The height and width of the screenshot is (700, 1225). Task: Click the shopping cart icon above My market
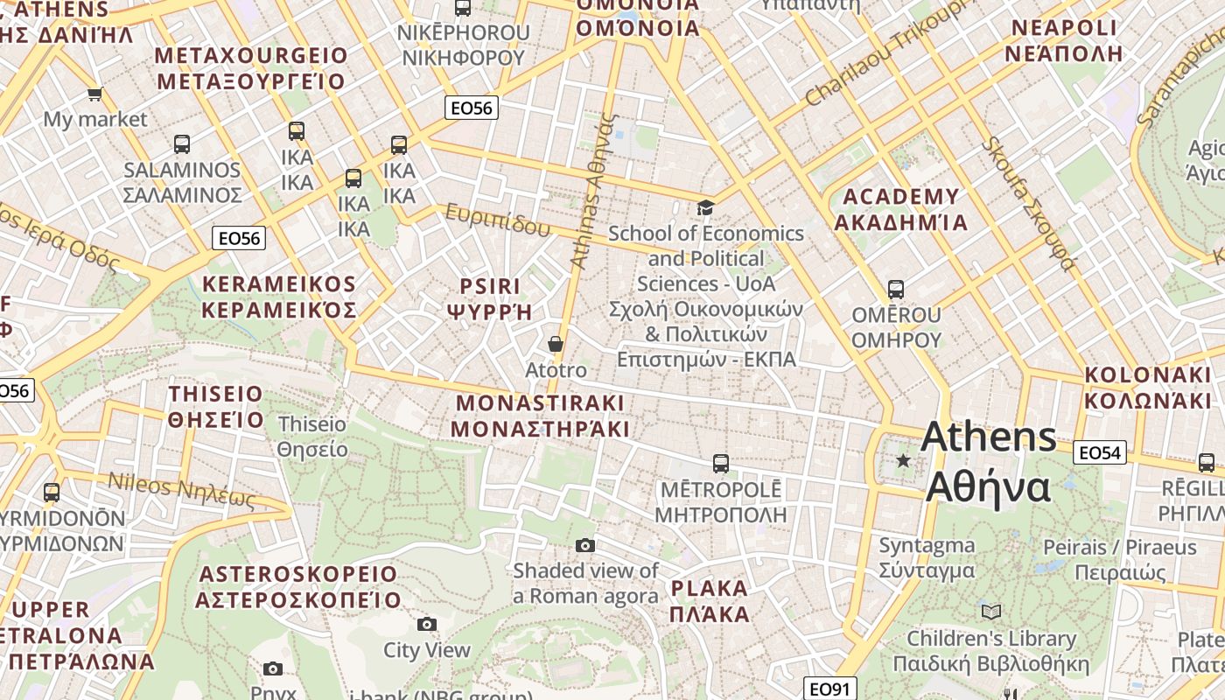(x=94, y=94)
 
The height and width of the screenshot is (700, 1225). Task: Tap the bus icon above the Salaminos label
(x=182, y=144)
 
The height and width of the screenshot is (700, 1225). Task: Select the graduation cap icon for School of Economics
(x=705, y=207)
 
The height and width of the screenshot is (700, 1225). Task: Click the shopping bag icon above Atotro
(x=556, y=344)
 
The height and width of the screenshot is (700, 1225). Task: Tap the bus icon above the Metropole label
(x=721, y=464)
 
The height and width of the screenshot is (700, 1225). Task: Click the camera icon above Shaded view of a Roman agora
(x=585, y=546)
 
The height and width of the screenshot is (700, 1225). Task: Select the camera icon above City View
(x=427, y=624)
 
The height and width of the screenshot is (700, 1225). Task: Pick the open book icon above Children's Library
(x=991, y=612)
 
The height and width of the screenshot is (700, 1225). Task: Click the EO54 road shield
(x=1100, y=452)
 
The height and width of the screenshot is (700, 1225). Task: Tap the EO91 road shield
(x=829, y=689)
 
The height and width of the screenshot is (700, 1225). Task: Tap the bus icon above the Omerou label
(x=895, y=289)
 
